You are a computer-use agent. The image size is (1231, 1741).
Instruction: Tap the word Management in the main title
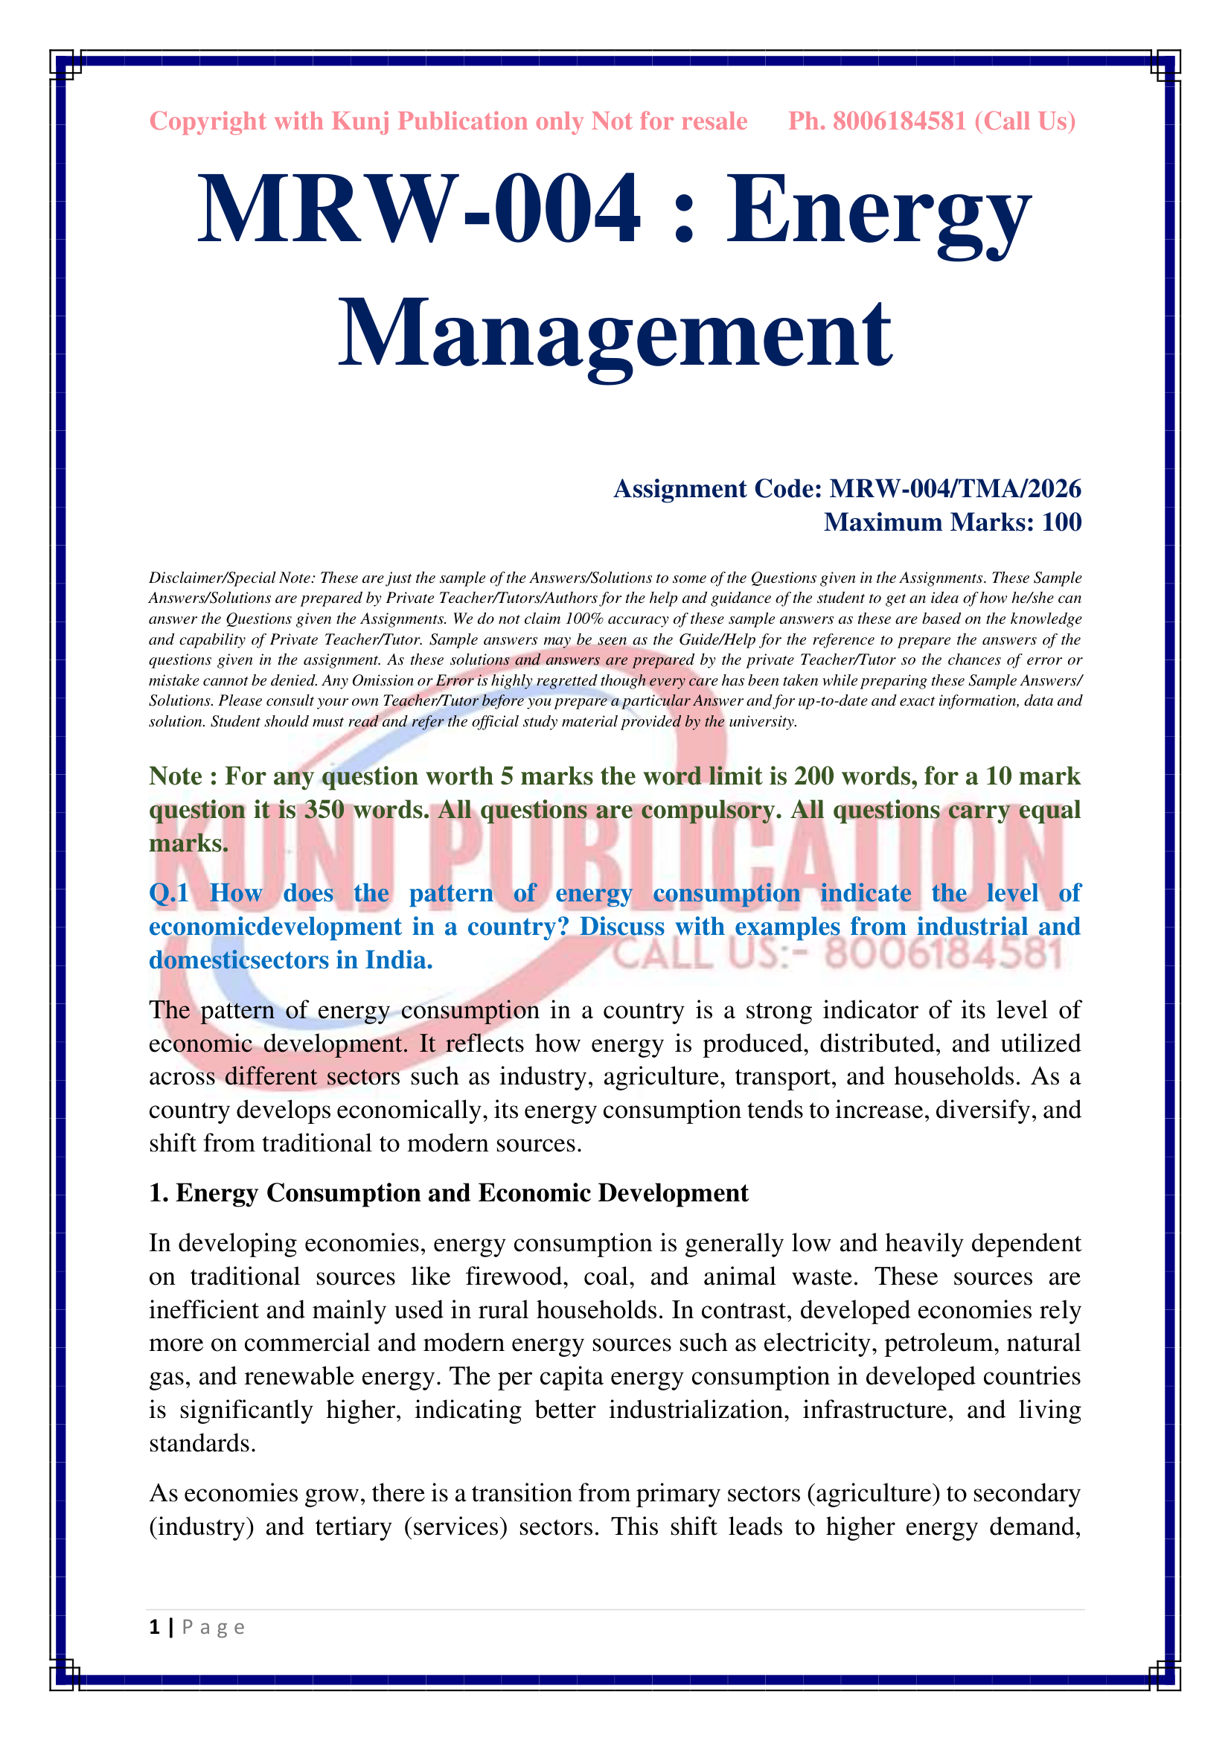[x=615, y=333]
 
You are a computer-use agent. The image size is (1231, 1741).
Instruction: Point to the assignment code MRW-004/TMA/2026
[x=955, y=489]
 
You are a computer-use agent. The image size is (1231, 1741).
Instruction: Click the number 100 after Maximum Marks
[x=1061, y=523]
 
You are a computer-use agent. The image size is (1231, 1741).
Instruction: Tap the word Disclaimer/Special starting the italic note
[x=205, y=578]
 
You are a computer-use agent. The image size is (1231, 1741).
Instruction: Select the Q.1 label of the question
[x=168, y=893]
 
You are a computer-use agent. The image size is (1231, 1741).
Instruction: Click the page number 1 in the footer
[x=155, y=1627]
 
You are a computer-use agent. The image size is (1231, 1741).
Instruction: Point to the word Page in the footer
[x=213, y=1628]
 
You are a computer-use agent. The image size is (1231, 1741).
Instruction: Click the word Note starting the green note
[x=175, y=776]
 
